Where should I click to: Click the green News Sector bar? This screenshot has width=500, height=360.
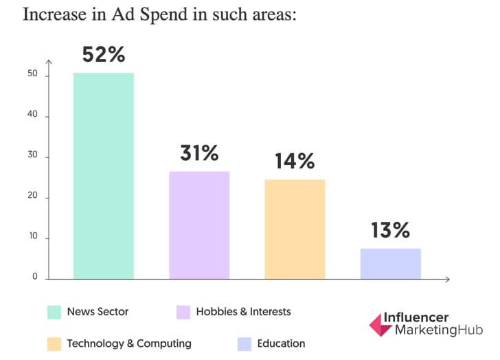(x=103, y=175)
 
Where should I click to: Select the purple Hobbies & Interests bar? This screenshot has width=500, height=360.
(x=199, y=225)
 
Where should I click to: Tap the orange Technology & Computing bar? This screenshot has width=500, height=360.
(x=295, y=229)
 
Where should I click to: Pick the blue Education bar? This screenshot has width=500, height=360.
(x=390, y=263)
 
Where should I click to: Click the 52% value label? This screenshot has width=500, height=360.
(x=103, y=55)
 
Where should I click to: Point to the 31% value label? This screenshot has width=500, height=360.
(x=199, y=153)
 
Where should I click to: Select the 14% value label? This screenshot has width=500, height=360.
(x=295, y=161)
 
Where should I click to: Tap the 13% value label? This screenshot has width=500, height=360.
(x=390, y=229)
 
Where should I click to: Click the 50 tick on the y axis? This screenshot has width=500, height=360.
(x=33, y=76)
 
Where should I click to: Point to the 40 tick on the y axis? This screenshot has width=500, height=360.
(x=33, y=116)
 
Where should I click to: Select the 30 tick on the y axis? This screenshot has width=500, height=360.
(x=33, y=157)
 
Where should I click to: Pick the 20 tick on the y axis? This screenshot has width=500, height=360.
(x=33, y=198)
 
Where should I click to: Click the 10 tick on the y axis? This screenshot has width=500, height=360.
(x=33, y=238)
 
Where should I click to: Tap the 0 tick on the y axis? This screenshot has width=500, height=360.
(x=35, y=277)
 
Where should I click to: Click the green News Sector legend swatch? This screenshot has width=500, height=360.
(x=54, y=312)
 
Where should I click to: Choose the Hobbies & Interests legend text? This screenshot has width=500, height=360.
(x=243, y=312)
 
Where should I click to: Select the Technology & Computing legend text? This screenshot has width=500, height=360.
(x=129, y=344)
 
